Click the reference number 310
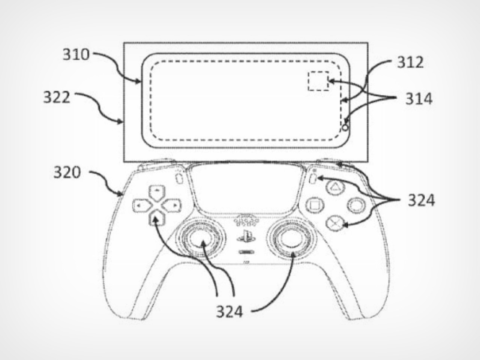(76, 54)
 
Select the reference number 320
(67, 172)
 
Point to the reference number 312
(411, 62)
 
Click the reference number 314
(419, 99)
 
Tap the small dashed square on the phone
(318, 81)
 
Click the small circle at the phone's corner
(345, 127)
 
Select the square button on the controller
(314, 205)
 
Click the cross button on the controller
(335, 223)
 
